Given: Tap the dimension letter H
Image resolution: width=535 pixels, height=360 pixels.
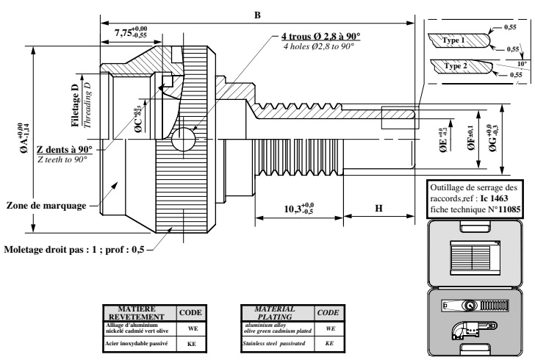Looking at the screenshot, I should tap(378, 209).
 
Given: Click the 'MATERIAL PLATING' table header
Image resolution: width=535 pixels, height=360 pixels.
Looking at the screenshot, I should tap(272, 312).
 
